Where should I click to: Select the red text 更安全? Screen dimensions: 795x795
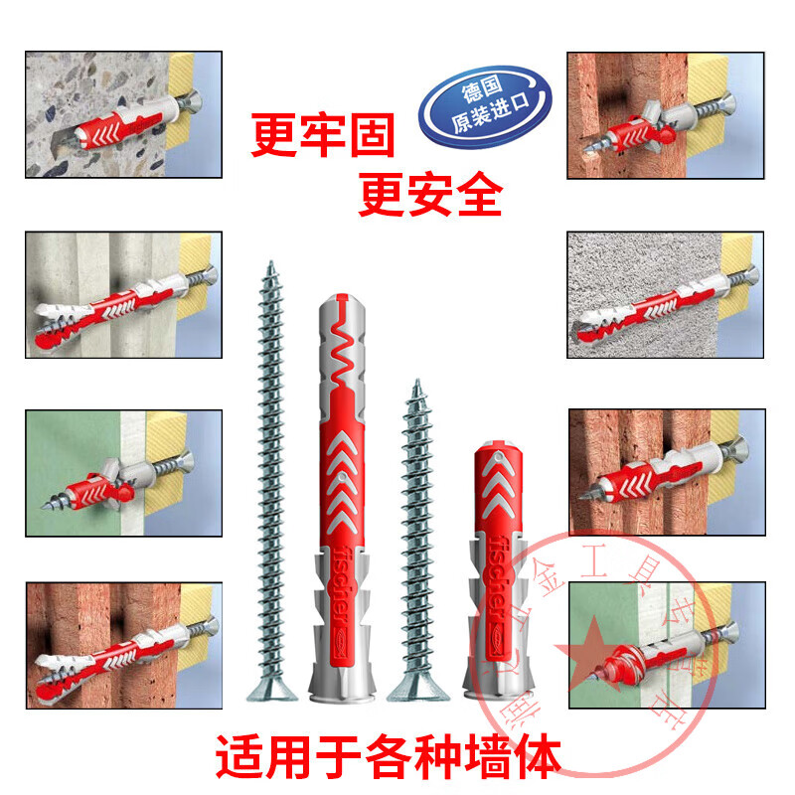click(x=429, y=195)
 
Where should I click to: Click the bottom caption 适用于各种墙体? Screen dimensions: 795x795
click(x=388, y=755)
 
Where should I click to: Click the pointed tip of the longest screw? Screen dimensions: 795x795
click(x=270, y=263)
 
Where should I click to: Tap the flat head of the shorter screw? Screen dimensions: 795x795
click(x=414, y=687)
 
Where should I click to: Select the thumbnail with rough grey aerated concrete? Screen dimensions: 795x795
click(x=666, y=295)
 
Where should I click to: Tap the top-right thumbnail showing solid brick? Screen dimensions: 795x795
click(x=666, y=115)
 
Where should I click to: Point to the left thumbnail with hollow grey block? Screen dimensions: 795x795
click(x=123, y=295)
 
